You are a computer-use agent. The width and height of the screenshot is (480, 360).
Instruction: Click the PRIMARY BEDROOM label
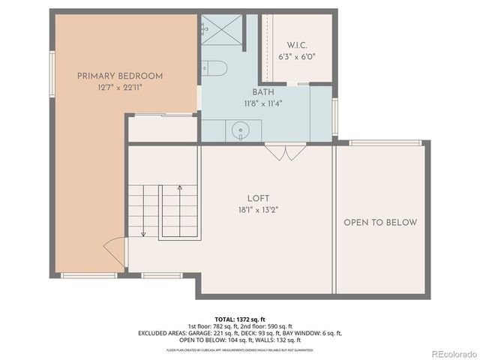(x=120, y=76)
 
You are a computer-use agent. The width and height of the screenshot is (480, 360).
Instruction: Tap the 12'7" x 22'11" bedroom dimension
(x=120, y=88)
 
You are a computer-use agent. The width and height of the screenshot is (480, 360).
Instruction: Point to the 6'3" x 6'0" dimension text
(x=297, y=56)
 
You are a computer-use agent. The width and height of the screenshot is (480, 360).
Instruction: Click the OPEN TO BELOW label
(x=380, y=223)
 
